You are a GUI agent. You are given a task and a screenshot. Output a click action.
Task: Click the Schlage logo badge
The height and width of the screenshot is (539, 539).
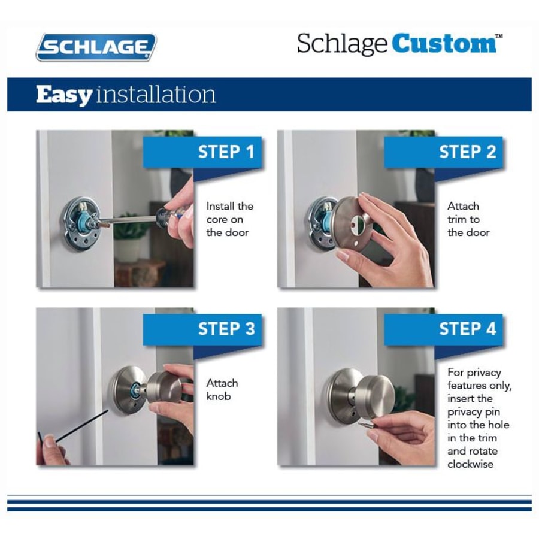pos(96,47)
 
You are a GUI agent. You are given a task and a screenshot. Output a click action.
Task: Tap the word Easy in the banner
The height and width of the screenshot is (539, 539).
pos(63,95)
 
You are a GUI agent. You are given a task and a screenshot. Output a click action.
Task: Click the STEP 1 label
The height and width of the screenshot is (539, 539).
pos(226,152)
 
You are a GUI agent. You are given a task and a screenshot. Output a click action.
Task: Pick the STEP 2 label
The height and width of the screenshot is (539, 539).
pos(467,152)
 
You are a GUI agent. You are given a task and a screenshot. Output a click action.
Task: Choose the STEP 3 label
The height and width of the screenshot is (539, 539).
pos(226,329)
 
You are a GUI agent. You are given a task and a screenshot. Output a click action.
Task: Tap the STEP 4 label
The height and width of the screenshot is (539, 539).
pos(467,329)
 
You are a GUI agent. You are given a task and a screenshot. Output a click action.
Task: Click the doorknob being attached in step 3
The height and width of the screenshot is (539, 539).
pos(163,386)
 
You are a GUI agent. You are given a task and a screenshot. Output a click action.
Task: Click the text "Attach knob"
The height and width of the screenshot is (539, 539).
pos(222,389)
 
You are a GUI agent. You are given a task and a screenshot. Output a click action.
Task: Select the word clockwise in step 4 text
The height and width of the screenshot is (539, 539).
pos(471,464)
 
